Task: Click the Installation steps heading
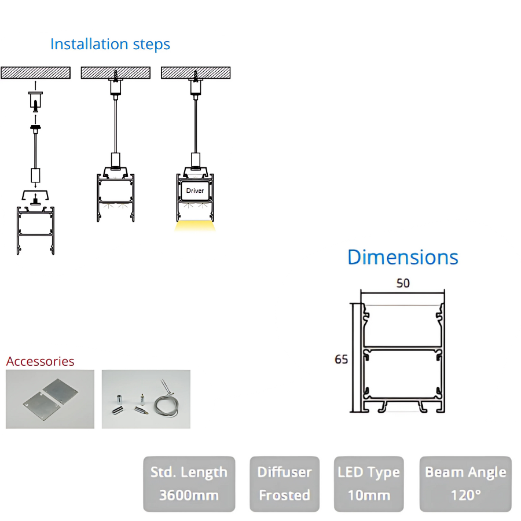[110, 44]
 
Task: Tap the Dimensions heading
[403, 257]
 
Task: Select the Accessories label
[41, 361]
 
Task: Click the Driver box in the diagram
[195, 190]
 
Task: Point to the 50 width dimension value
[403, 283]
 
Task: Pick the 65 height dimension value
[342, 359]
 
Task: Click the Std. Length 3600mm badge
[189, 484]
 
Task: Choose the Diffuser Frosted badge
[284, 484]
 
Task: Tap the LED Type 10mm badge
[369, 484]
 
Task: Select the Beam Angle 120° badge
[465, 484]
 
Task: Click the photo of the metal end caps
[50, 399]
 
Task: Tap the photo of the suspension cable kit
[146, 399]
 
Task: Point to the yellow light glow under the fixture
[195, 225]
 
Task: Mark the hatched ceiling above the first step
[35, 73]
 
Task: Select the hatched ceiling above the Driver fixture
[196, 73]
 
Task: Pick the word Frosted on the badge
[284, 496]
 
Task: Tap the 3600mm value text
[189, 496]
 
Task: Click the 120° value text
[465, 496]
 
